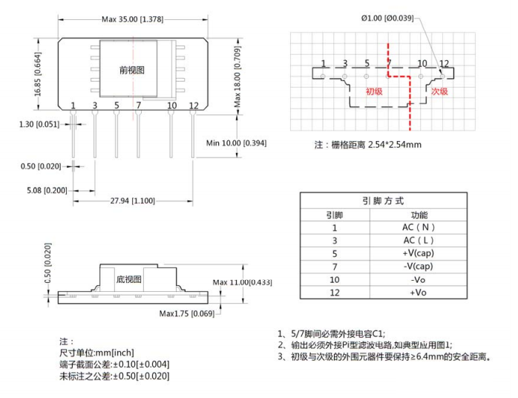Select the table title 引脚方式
pos(383,201)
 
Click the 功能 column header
pos(410,215)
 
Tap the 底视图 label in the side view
pos(128,279)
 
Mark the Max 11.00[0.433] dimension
pos(242,282)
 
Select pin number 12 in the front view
pos(194,106)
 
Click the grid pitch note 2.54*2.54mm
pos(390,144)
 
